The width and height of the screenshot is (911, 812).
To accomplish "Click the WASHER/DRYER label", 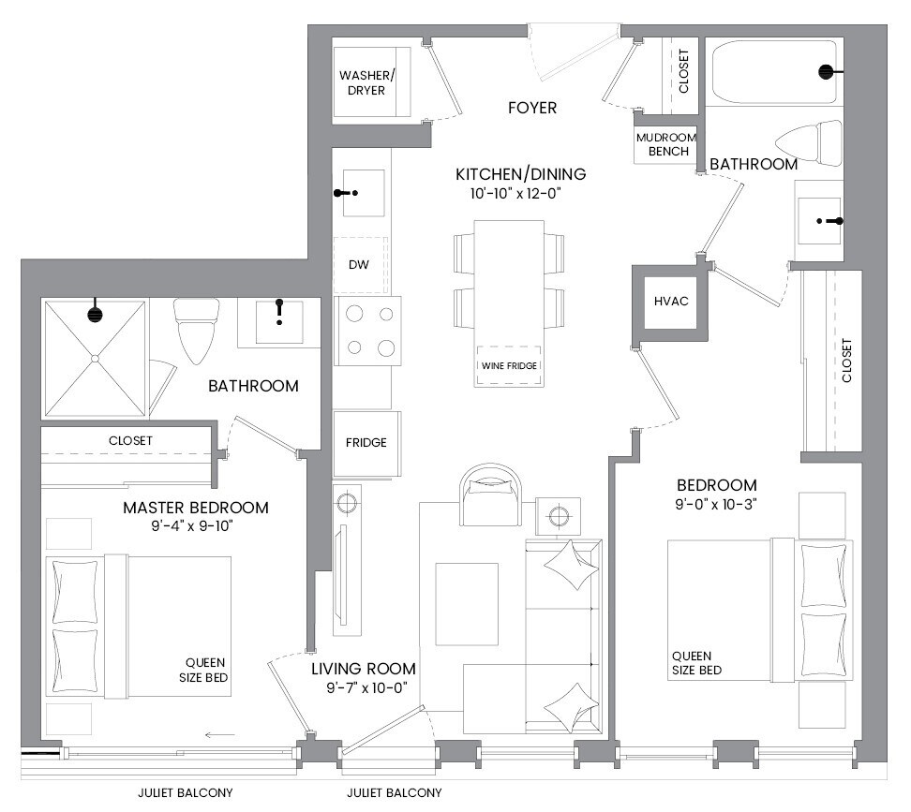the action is pos(366,82).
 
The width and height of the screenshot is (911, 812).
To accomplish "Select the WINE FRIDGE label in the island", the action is pos(509,365).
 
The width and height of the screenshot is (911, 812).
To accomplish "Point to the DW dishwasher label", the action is pos(358,265).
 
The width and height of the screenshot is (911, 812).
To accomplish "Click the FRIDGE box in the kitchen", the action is pos(366,443).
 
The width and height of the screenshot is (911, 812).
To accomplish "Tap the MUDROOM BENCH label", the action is pos(665,144).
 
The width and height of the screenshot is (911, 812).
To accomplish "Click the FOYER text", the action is pos(532,108).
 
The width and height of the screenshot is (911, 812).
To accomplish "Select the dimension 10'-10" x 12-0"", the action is pos(515,194).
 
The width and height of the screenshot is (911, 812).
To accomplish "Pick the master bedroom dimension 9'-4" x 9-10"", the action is pos(192,525).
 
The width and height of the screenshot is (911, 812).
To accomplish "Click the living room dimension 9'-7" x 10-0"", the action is pos(366,687).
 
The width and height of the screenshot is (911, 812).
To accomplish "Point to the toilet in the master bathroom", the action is pos(197,331).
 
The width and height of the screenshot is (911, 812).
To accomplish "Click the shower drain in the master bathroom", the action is pos(96,359).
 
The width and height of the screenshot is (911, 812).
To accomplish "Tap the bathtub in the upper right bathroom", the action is pos(775,71).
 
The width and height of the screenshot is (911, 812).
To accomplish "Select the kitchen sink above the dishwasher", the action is pos(363,193).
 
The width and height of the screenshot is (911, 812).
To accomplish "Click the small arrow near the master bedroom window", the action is pos(219,735).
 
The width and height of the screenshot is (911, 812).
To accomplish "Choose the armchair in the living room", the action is pos(491,495).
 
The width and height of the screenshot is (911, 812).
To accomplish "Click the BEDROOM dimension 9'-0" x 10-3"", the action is pos(715,505).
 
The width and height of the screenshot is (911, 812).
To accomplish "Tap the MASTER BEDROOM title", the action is pos(196,508).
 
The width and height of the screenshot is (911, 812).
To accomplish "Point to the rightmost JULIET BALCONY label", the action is pos(394,793).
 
